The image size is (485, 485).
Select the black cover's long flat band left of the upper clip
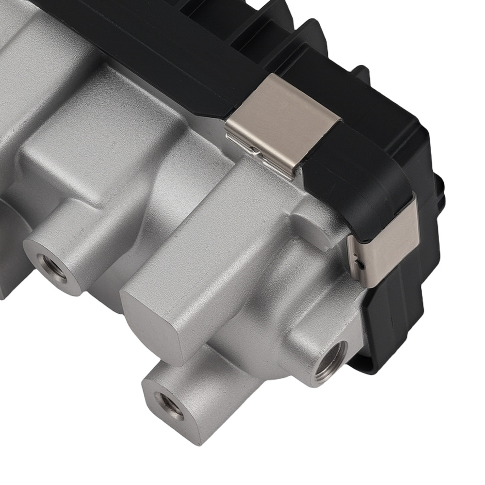(145, 53)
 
